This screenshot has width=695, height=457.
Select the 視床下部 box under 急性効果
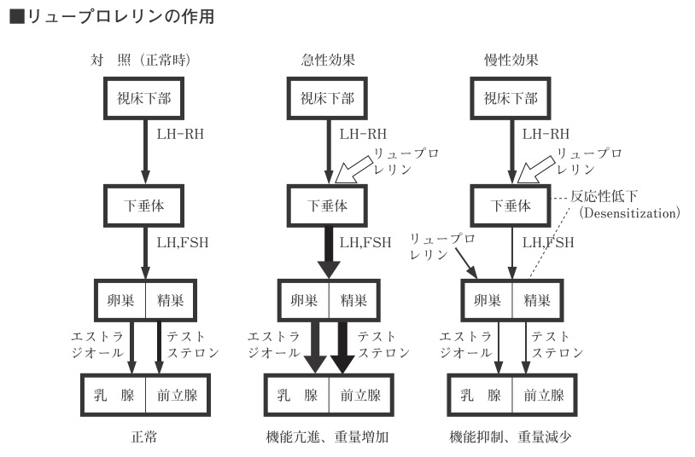(327, 98)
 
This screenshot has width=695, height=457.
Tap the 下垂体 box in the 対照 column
(143, 206)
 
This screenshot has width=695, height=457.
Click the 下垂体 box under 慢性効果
(511, 206)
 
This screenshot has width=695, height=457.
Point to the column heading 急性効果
(328, 60)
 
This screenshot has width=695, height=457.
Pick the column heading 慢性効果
(511, 60)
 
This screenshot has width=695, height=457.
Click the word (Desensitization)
(629, 213)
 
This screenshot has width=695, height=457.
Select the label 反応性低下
(604, 196)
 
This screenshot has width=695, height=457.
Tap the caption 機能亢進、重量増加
(327, 437)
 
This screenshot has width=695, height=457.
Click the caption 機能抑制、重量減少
(511, 437)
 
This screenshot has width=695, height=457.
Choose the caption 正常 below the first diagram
(143, 437)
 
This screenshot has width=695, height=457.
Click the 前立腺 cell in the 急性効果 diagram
(361, 395)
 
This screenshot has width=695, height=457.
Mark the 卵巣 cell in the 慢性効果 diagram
(488, 301)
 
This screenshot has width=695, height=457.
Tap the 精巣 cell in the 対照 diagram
(171, 301)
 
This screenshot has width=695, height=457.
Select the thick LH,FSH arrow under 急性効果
(329, 252)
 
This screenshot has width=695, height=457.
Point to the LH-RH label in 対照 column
(180, 134)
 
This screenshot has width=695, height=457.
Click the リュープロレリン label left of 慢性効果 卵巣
(442, 246)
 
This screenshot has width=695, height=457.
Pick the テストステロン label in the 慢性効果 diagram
(558, 344)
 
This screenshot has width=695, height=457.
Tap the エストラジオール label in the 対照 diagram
(97, 344)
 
